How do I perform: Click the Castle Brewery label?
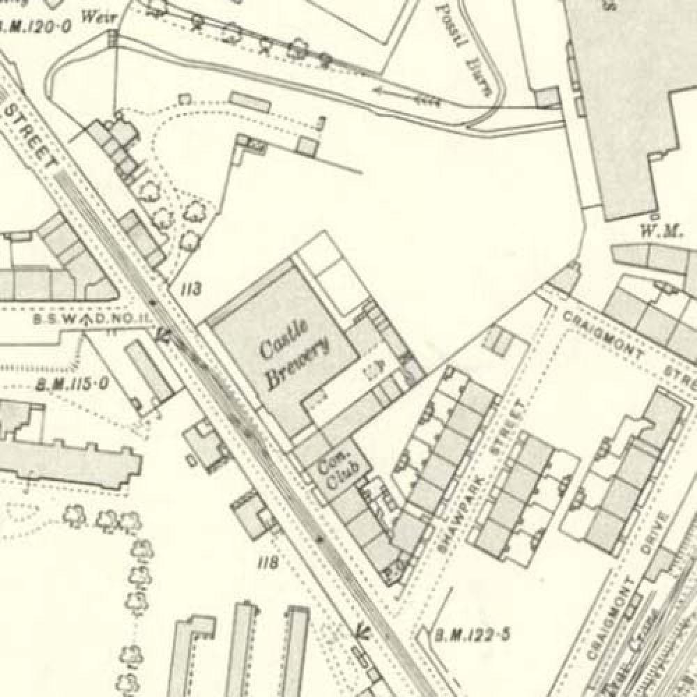pyautogui.click(x=292, y=356)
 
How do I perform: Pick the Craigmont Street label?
pyautogui.click(x=627, y=348)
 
